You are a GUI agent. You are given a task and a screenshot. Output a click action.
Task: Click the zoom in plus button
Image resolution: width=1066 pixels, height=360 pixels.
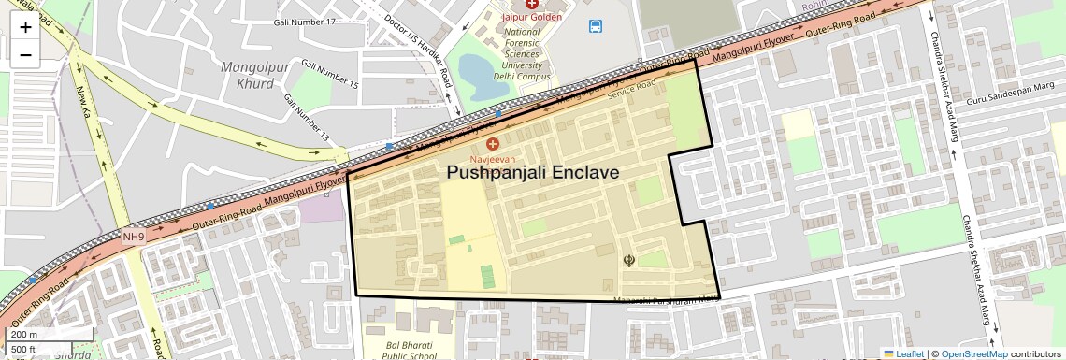pyautogui.click(x=25, y=26)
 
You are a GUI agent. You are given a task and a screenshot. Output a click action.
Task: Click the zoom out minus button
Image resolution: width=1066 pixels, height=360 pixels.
pyautogui.click(x=25, y=54)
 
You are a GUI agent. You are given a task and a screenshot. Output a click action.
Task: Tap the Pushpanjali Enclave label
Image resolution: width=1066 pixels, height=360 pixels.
pyautogui.click(x=532, y=173)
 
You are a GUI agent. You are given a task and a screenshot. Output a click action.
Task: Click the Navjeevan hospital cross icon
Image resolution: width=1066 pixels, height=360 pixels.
pyautogui.click(x=493, y=144)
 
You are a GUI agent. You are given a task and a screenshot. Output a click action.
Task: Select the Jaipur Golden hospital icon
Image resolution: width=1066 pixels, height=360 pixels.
pyautogui.click(x=531, y=5)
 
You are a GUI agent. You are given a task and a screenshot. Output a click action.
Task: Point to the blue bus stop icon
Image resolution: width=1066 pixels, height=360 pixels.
pyautogui.click(x=596, y=26)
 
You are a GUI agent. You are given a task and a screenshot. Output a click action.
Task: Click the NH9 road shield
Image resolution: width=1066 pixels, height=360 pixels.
pyautogui.click(x=134, y=237)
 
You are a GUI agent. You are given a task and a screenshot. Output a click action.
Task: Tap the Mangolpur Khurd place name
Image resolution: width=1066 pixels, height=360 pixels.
pyautogui.click(x=248, y=75)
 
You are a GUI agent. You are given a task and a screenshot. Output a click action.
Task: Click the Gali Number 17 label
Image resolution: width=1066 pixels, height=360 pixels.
pyautogui.click(x=305, y=22)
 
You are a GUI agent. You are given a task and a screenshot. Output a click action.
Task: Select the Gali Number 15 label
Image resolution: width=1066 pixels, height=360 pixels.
pyautogui.click(x=324, y=77)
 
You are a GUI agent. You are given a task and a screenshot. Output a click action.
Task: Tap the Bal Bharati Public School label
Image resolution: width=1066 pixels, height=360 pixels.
pyautogui.click(x=411, y=350)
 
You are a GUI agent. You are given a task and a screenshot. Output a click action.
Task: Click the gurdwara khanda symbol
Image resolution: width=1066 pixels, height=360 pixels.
pyautogui.click(x=628, y=260)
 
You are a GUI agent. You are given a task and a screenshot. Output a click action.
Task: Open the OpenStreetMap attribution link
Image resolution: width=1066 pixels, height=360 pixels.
pyautogui.click(x=973, y=353)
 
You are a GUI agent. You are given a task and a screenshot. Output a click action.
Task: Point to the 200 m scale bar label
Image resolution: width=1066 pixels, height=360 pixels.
pyautogui.click(x=24, y=335)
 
